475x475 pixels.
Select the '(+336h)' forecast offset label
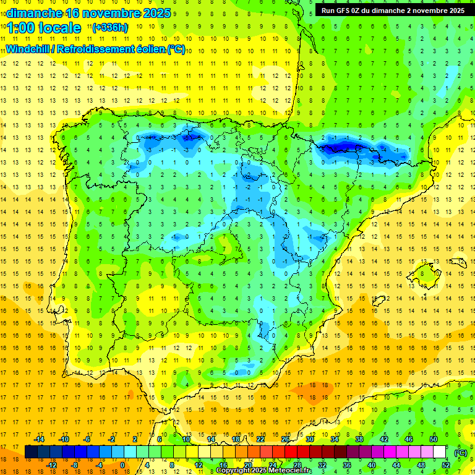[x=109, y=27]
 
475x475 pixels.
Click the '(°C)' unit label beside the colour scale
[x=460, y=453]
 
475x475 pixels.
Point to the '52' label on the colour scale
[x=446, y=465]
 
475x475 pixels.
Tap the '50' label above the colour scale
[x=434, y=439]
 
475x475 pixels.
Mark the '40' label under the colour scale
[x=372, y=465]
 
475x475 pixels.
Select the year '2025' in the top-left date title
[x=155, y=13]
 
